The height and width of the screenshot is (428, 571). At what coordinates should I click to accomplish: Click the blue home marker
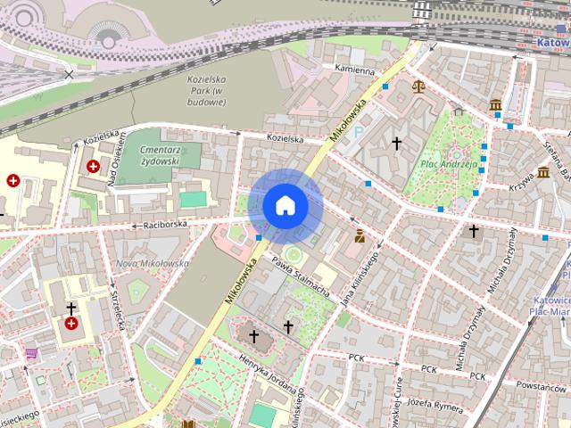[285, 206]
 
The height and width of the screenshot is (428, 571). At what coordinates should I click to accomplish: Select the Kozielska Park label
[207, 90]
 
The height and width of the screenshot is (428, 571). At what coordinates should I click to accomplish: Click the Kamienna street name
[354, 69]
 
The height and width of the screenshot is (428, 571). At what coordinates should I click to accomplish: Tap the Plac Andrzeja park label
[444, 165]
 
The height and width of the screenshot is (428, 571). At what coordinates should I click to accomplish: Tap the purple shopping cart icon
[32, 353]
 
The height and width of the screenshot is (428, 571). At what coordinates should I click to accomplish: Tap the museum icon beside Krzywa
[542, 172]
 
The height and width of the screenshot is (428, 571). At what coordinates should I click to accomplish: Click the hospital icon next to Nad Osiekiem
[93, 166]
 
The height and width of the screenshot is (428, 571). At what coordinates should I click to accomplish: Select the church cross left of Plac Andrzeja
[397, 143]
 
